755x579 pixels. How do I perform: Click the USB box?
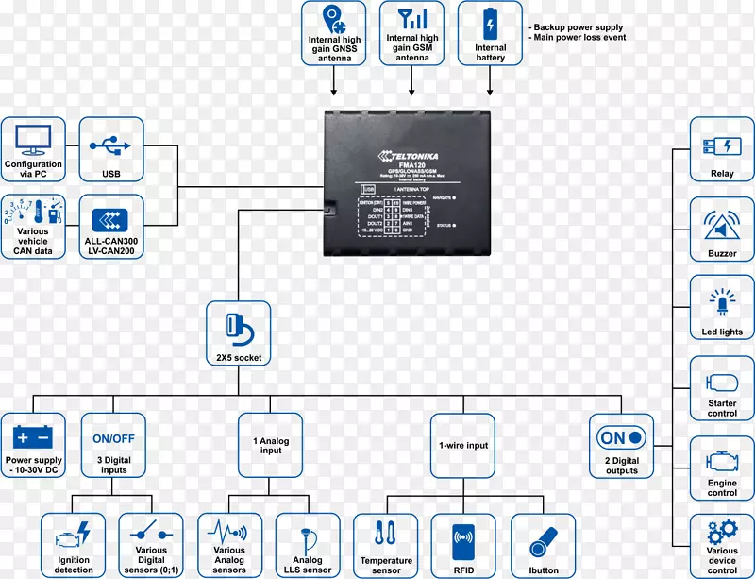tap(111, 149)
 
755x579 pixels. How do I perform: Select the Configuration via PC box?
tap(33, 149)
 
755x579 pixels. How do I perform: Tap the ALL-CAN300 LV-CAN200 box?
tap(111, 227)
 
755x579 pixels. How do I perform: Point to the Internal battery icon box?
tap(490, 33)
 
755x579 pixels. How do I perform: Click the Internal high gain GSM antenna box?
tap(412, 33)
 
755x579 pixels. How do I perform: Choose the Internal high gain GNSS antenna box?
tap(334, 33)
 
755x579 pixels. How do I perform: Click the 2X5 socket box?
tap(238, 333)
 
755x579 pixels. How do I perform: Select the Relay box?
tap(722, 149)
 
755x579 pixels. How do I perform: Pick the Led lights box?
tap(722, 308)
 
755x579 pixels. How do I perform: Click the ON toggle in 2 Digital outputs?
tap(621, 438)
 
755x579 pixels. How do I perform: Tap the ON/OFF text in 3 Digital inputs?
tap(111, 438)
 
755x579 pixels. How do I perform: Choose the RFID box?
tap(462, 545)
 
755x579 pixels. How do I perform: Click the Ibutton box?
tap(542, 545)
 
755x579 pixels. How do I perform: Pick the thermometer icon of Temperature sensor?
tap(385, 535)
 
